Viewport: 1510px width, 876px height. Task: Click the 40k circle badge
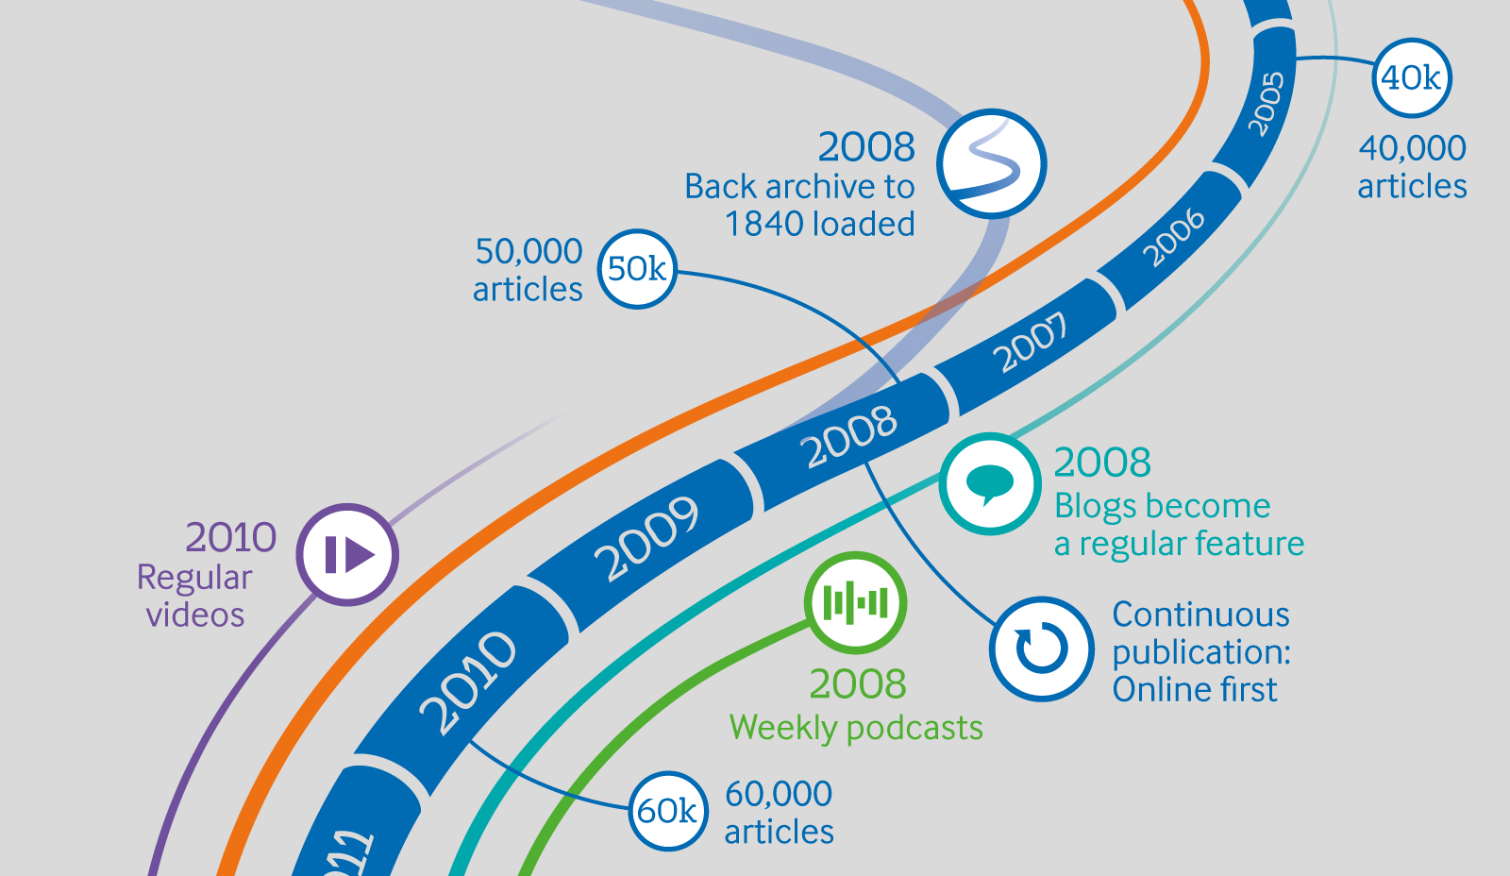pos(1411,77)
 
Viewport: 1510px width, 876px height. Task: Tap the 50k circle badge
pos(637,269)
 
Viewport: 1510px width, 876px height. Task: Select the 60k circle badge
pos(667,811)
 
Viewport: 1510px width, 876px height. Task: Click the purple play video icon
pos(347,554)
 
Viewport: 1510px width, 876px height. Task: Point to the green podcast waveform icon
pos(855,602)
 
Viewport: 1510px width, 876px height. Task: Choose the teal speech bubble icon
pos(989,483)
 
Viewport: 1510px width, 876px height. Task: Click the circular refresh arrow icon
pos(1041,649)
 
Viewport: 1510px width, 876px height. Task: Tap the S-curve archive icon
pos(991,163)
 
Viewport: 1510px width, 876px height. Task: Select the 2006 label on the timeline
pos(1173,237)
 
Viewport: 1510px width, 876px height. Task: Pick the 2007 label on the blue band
pos(1032,342)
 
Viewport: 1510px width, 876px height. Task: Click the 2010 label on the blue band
pos(467,682)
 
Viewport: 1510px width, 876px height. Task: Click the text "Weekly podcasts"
pos(856,728)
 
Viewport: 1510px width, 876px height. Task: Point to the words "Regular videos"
pos(195,596)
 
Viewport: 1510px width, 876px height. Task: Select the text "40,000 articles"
pos(1412,167)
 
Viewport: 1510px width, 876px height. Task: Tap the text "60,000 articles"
pos(779,813)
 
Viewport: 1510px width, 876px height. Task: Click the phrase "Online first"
pos(1194,690)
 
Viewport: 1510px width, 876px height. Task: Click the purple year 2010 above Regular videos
pos(230,537)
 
